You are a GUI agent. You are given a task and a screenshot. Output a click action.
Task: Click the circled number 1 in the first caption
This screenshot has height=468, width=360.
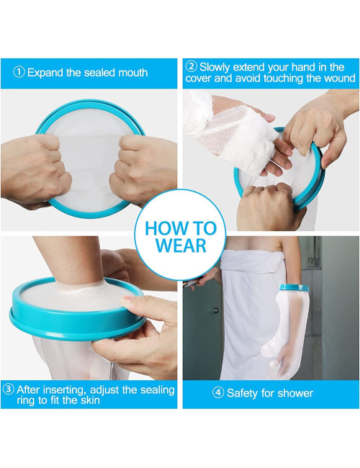click(19, 73)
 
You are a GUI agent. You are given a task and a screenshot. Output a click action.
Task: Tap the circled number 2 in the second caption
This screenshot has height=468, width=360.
click(192, 66)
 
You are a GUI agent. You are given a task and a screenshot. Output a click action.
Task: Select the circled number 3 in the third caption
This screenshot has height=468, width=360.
click(9, 390)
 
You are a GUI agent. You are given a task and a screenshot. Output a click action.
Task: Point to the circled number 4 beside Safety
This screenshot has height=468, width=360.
click(218, 393)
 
